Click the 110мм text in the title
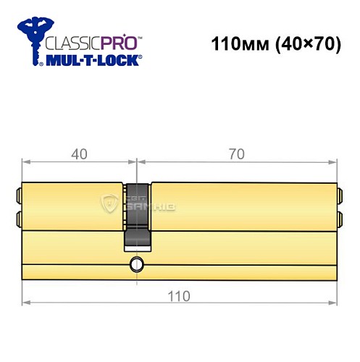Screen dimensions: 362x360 (235, 45)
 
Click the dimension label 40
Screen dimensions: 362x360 (79, 153)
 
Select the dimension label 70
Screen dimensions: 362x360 (236, 153)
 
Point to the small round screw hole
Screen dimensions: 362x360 (135, 265)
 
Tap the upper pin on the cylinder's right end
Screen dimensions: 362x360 (338, 193)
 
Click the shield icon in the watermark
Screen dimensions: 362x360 (111, 205)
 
